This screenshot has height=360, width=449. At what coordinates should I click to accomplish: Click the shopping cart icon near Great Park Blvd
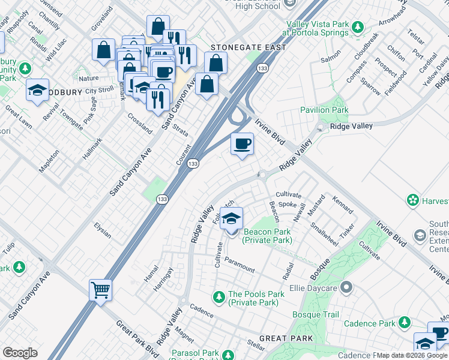101,290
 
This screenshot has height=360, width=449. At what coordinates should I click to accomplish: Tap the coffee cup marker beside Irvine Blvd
242,144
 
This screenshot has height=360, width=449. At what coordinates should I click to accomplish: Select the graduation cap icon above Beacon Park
231,219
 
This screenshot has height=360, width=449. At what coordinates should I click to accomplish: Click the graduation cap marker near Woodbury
37,91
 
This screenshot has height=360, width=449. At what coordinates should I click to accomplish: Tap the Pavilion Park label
324,110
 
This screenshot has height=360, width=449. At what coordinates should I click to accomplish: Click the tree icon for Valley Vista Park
358,27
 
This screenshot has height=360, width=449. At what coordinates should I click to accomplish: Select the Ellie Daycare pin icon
346,288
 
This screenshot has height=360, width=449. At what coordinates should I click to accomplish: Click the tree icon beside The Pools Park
219,296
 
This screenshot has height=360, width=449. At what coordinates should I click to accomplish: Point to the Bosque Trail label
315,314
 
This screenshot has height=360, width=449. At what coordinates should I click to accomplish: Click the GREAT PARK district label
288,338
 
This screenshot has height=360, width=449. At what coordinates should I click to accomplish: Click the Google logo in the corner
20,353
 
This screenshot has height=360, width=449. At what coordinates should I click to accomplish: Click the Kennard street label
342,204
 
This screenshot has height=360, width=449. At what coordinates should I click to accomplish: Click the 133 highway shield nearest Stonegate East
262,69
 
